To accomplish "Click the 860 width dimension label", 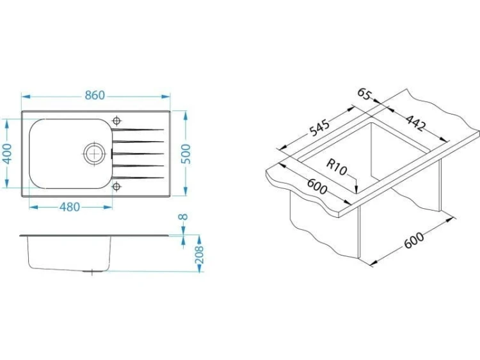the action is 95,95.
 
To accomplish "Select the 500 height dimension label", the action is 186,154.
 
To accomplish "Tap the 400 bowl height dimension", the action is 7,154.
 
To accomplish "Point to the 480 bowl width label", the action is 70,207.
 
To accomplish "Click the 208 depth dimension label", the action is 199,254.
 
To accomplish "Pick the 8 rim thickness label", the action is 183,217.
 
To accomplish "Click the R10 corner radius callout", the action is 337,168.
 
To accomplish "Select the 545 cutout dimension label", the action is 319,127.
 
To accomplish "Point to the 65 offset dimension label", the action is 364,94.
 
